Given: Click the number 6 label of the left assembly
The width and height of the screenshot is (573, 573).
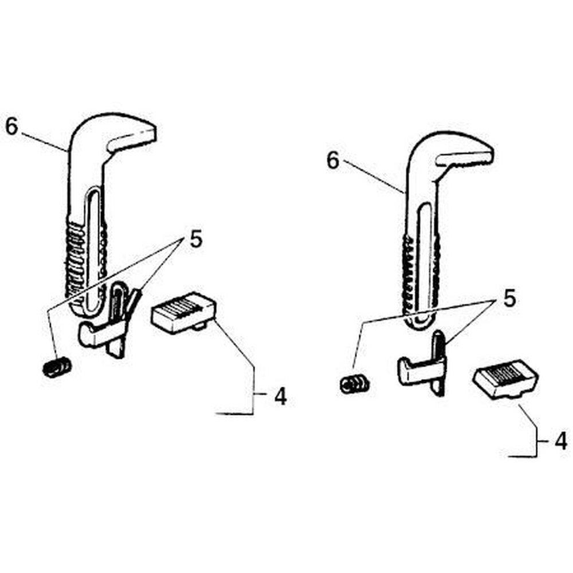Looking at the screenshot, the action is pyautogui.click(x=11, y=126).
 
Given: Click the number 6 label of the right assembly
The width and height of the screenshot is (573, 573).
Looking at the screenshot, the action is pyautogui.click(x=333, y=161).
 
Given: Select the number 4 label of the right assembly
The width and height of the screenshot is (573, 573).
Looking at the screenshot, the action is pyautogui.click(x=561, y=441).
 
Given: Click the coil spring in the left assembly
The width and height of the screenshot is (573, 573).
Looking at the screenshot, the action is pyautogui.click(x=57, y=367).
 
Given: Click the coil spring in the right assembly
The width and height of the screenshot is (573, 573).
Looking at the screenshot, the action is pyautogui.click(x=355, y=383).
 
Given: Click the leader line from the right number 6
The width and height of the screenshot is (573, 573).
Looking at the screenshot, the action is pyautogui.click(x=375, y=178).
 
